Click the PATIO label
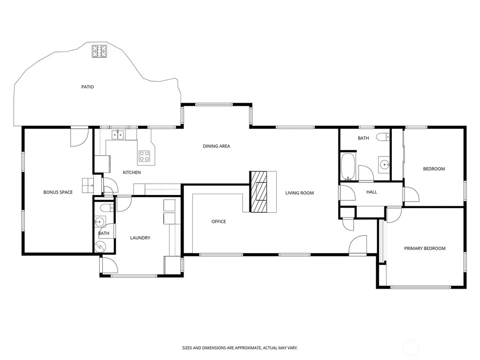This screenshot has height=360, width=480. coord(88,87)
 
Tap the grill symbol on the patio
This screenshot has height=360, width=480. coord(99,52)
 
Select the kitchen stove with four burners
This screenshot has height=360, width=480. coord(144,156)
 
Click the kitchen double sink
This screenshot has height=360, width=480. coord(118,135)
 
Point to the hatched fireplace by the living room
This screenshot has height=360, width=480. coord(258,192)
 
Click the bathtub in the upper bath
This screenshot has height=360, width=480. coord(348,166)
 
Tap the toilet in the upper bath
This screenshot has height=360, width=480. coord(382,137)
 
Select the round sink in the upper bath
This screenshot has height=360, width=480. coord(384,165)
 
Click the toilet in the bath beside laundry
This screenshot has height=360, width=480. coord(106,208)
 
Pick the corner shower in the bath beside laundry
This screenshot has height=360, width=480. coord(100,246)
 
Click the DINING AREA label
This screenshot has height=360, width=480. coord(217,146)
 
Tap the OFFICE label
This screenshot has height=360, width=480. coord(218,222)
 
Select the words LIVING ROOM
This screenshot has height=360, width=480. coord(300,193)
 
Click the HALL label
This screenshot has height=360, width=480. coord(372,192)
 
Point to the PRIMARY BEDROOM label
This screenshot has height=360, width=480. coord(425,248)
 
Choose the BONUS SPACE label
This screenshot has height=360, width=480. coord(58,193)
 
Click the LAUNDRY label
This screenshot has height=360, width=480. coord(140,238)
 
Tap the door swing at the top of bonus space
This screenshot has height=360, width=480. coord(79,137)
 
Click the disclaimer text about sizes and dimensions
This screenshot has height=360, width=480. coord(240,348)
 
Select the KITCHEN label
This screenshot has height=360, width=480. coord(132,172)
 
